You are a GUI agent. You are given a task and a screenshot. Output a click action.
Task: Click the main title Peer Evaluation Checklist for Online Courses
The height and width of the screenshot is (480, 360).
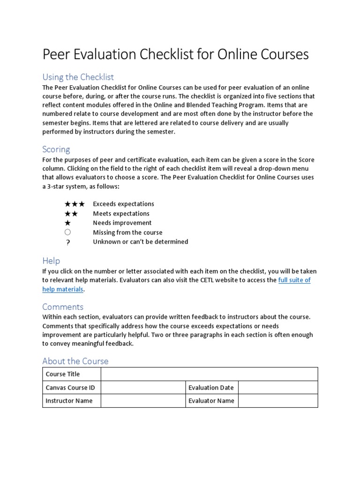click(x=175, y=54)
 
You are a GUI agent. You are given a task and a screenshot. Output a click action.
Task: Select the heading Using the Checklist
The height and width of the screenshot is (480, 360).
click(x=78, y=77)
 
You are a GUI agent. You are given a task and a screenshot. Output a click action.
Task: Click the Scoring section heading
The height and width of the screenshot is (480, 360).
click(x=56, y=149)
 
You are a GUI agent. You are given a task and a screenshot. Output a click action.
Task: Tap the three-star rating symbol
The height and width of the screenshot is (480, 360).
click(x=75, y=204)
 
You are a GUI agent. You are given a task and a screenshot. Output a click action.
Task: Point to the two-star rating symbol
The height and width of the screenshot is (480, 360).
click(x=71, y=214)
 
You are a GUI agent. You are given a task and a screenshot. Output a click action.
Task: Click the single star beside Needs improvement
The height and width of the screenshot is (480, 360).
click(x=68, y=223)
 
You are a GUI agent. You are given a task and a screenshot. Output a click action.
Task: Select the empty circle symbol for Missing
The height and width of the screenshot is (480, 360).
click(x=68, y=232)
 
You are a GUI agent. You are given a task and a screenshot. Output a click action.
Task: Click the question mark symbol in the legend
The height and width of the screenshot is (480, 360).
click(x=68, y=242)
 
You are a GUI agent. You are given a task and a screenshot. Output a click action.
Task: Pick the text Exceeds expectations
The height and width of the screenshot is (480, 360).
click(x=123, y=204)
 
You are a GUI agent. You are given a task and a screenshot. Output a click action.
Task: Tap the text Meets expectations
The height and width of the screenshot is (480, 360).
click(x=121, y=214)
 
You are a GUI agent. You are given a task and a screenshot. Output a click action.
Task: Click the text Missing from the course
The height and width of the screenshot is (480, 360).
click(x=127, y=232)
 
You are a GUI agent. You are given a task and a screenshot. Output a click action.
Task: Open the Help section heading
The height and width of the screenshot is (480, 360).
click(x=51, y=261)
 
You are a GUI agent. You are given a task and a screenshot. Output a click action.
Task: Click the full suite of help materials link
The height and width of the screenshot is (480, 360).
click(x=294, y=280)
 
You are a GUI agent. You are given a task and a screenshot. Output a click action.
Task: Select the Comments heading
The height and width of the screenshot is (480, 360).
click(x=63, y=307)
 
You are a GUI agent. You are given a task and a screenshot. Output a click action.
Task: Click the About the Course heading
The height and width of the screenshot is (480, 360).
click(x=75, y=361)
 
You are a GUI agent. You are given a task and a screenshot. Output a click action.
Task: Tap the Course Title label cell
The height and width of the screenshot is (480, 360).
click(x=72, y=374)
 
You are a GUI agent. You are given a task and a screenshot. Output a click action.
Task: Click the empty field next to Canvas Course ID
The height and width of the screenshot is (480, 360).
click(x=143, y=388)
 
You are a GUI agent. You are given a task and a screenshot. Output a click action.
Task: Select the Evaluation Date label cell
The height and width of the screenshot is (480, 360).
click(x=212, y=388)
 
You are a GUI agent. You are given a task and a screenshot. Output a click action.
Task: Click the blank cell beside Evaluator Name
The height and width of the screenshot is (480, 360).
click(x=278, y=401)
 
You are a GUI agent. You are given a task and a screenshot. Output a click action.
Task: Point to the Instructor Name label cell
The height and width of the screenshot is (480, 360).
click(x=72, y=401)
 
